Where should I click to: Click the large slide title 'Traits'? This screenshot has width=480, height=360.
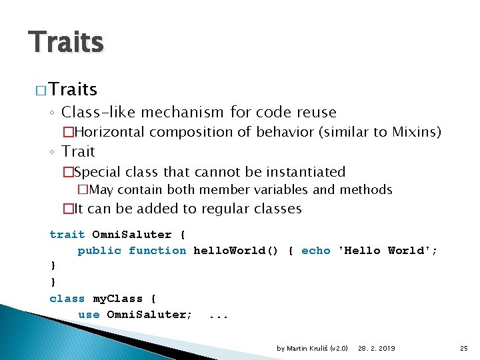[x=66, y=42]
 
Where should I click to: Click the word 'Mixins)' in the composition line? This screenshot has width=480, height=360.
[x=417, y=132]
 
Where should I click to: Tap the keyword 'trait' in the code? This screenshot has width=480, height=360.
[x=67, y=235]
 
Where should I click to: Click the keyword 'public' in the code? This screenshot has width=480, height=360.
[x=99, y=251]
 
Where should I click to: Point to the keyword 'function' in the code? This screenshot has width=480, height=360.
[x=157, y=251]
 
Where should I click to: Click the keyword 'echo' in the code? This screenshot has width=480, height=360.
[x=315, y=251]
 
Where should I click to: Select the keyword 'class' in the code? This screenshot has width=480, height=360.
[x=67, y=299]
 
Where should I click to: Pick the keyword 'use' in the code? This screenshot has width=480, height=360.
[x=89, y=315]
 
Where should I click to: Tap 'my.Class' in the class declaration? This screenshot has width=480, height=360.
[x=117, y=299]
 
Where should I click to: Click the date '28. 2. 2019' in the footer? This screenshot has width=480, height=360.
[x=377, y=348]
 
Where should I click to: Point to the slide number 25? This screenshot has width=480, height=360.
[x=464, y=348]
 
